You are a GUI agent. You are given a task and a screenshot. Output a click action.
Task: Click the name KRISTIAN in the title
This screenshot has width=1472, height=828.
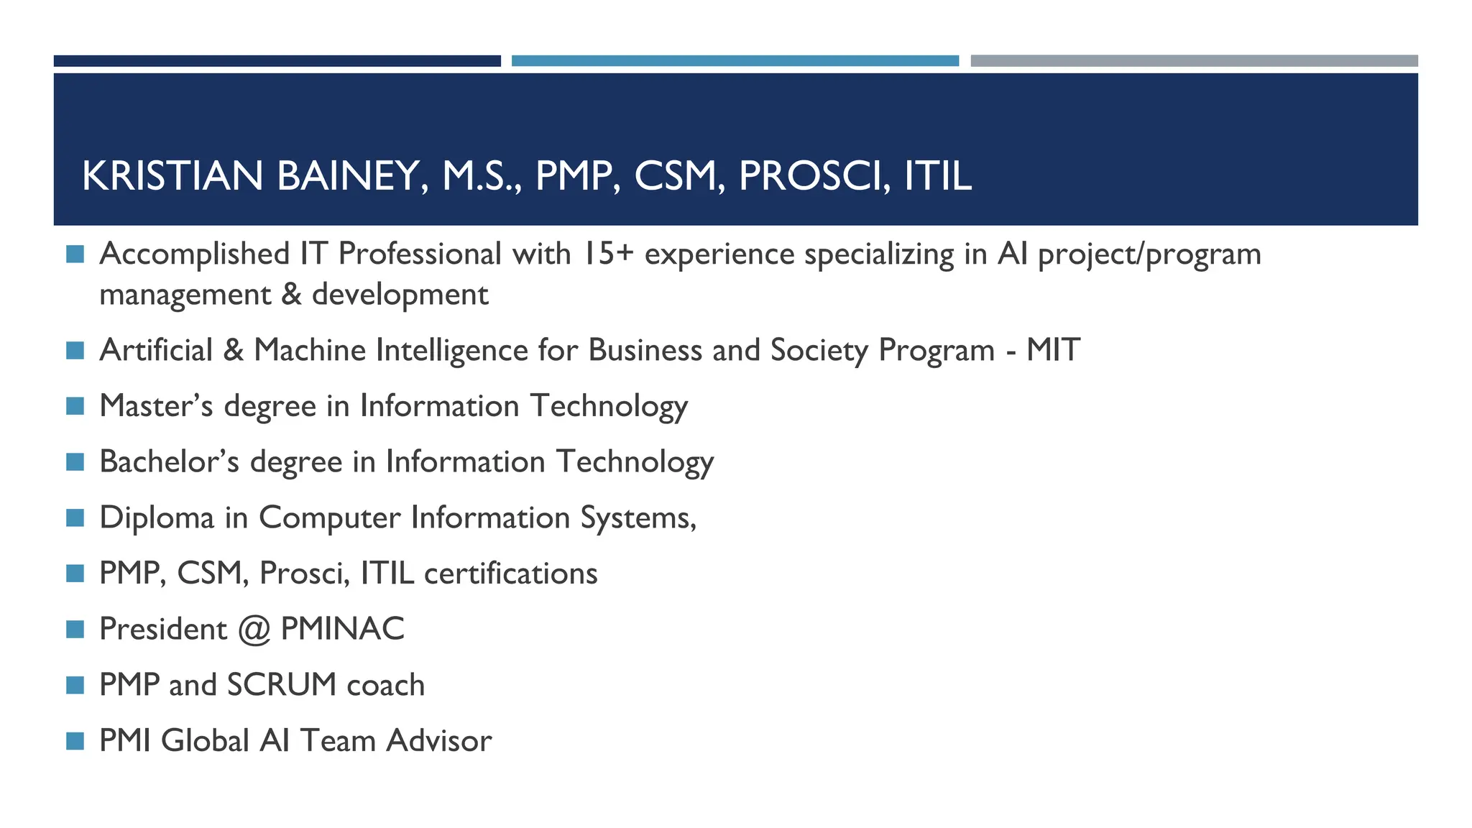point(172,176)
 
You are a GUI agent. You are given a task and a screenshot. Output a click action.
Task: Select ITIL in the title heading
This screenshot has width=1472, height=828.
point(937,176)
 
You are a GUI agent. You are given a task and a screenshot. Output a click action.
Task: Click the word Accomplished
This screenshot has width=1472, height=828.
point(194,254)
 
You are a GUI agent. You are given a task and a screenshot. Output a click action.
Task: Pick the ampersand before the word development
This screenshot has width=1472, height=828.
point(291,295)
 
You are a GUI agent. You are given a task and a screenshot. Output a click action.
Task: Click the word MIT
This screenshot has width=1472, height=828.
point(1052,350)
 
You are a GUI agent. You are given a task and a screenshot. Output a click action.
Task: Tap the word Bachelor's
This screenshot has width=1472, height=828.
point(169,461)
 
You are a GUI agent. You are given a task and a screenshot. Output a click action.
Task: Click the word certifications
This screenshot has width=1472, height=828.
point(510,574)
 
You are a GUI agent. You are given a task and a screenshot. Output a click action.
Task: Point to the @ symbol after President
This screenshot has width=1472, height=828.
point(254,630)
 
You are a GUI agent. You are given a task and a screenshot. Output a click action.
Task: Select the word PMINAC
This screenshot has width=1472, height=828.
point(342,629)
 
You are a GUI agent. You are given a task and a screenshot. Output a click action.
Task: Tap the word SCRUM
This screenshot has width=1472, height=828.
point(281,685)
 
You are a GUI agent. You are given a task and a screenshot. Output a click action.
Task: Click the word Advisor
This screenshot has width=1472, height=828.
point(438,741)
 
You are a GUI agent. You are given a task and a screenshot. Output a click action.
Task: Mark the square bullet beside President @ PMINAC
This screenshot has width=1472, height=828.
point(75,630)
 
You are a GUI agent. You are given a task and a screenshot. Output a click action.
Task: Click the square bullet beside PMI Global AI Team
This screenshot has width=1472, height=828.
point(75,741)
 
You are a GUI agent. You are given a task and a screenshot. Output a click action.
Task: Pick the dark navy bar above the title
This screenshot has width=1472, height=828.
point(277,61)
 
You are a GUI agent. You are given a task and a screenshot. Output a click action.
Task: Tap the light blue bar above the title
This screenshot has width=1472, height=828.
point(735,61)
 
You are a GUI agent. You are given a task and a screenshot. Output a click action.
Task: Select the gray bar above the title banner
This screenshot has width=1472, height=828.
point(1194,61)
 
